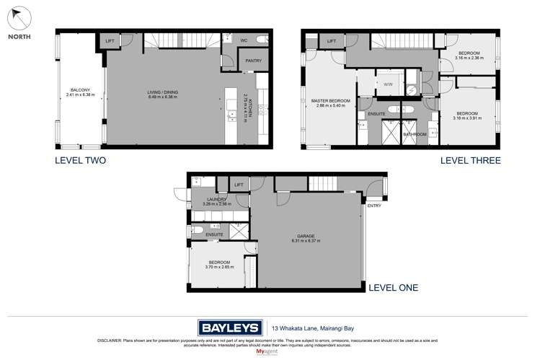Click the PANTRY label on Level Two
coord(252,61)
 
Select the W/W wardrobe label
coord(387,84)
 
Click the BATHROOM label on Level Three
coord(415,134)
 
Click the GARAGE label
coord(307,235)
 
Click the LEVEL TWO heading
coord(81,161)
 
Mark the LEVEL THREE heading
coord(470,161)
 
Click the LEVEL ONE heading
coord(394,288)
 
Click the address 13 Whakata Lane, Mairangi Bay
coord(312,325)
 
